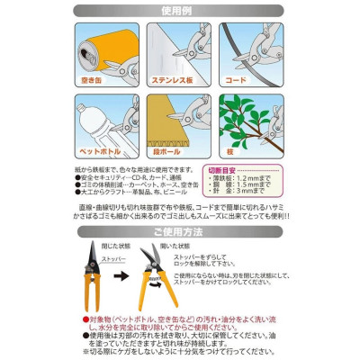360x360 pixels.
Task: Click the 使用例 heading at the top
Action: point(180,12)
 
